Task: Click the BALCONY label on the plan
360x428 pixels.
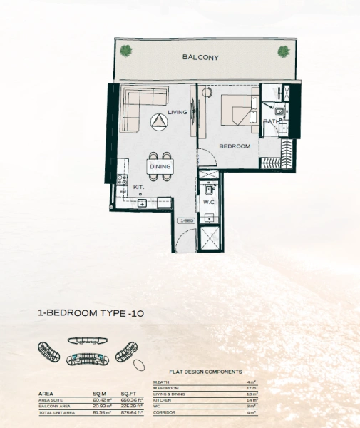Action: coord(200,57)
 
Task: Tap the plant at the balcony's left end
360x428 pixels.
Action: coord(125,50)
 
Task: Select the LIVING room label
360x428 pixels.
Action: coord(177,111)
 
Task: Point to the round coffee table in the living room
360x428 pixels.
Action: coord(158,123)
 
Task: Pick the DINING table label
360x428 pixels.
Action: coord(160,167)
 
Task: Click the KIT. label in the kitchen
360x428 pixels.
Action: coord(139,188)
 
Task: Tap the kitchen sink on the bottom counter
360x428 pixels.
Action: coord(142,203)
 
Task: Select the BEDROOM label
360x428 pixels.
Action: coord(235,146)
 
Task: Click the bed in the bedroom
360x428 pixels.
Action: coord(239,111)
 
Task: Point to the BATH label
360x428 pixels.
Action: coord(272,122)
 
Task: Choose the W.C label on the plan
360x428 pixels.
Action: coord(209,202)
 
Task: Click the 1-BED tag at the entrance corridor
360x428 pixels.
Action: coord(186,221)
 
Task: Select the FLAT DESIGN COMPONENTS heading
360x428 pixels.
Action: coord(205,372)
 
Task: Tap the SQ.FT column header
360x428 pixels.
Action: coord(129,394)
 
